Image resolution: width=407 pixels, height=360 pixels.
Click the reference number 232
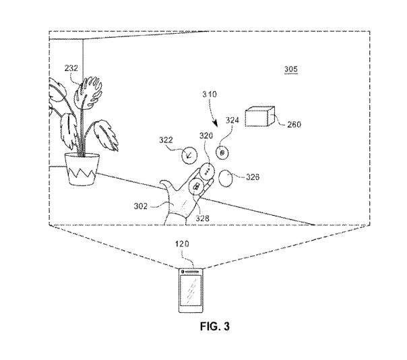pyautogui.click(x=71, y=68)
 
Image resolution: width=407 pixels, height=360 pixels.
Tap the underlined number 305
pyautogui.click(x=290, y=69)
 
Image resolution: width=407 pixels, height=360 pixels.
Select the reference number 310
pyautogui.click(x=210, y=94)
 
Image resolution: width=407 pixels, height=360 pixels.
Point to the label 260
pyautogui.click(x=294, y=125)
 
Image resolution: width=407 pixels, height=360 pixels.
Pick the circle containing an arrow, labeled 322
pyautogui.click(x=189, y=155)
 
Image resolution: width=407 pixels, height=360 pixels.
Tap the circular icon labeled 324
pyautogui.click(x=222, y=153)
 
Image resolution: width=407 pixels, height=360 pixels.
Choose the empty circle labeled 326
pyautogui.click(x=226, y=179)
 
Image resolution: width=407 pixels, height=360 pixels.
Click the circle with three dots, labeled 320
pyautogui.click(x=208, y=171)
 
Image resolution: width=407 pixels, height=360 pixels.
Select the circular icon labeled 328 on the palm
pyautogui.click(x=196, y=187)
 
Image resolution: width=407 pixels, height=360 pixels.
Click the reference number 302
pyautogui.click(x=140, y=206)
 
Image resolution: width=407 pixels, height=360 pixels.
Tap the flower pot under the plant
pyautogui.click(x=82, y=169)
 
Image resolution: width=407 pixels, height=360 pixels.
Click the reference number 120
pyautogui.click(x=182, y=244)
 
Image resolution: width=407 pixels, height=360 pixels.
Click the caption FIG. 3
pyautogui.click(x=215, y=326)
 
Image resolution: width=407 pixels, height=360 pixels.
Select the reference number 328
pyautogui.click(x=202, y=218)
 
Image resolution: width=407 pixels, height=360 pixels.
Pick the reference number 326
pyautogui.click(x=253, y=177)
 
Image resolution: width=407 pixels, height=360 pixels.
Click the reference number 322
pyautogui.click(x=166, y=140)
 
